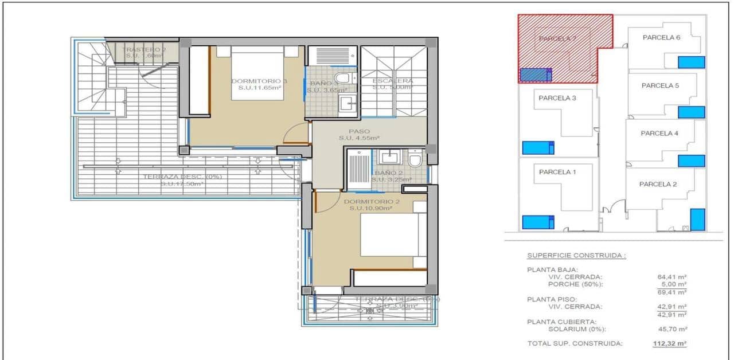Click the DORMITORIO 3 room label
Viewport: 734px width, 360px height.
click(x=259, y=81)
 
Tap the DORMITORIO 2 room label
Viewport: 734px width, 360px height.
click(x=370, y=202)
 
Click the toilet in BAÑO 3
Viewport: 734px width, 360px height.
click(x=343, y=78)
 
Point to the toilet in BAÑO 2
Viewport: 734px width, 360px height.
click(x=416, y=158)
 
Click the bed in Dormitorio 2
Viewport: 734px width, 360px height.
click(x=393, y=234)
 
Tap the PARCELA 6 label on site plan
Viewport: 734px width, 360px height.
click(x=661, y=38)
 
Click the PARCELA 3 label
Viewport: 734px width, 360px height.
click(x=557, y=98)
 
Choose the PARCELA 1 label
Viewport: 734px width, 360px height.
click(x=555, y=172)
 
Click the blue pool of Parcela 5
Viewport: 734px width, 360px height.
click(x=691, y=112)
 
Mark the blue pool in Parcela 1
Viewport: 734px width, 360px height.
click(x=538, y=222)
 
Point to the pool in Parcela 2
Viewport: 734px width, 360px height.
click(x=697, y=220)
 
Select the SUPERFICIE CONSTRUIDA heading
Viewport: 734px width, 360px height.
click(x=576, y=256)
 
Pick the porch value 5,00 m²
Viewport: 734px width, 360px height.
click(x=674, y=284)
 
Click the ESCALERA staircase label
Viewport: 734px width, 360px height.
click(x=392, y=81)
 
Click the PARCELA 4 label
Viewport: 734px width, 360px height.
click(x=659, y=134)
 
